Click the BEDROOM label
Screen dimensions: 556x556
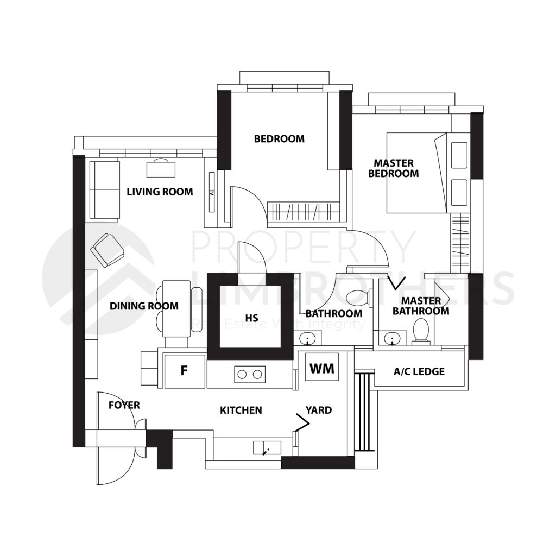coord(279,138)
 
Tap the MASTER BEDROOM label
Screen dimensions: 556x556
coord(394,168)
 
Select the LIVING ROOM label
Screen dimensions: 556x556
coord(160,192)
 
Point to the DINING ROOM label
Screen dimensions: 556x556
coord(144,306)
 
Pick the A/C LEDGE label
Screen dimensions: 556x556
coord(419,371)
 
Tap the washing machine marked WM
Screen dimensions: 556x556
coord(322,368)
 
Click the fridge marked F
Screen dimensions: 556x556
coord(185,370)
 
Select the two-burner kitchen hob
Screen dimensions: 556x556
coord(250,374)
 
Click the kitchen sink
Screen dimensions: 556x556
coord(267,448)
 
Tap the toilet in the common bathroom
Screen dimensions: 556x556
coord(359,298)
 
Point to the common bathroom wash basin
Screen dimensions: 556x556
coord(307,338)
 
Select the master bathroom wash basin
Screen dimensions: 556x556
coord(392,338)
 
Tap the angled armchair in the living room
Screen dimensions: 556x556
coord(108,250)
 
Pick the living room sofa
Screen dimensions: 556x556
coord(104,190)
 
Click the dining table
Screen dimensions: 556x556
coord(176,308)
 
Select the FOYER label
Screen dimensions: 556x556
coord(124,405)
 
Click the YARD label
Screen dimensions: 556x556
coord(319,410)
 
